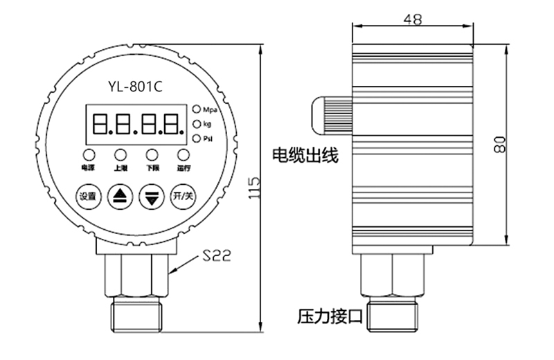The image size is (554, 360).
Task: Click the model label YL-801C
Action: coord(135,87)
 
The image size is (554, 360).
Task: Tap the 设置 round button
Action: coord(88,195)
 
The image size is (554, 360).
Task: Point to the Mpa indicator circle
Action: coord(197,109)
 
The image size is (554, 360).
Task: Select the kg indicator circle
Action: coord(197,124)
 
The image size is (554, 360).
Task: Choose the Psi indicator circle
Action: coord(197,139)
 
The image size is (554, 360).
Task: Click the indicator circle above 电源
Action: coord(89,154)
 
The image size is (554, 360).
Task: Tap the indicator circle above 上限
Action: coord(120,154)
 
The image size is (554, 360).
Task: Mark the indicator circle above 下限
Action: coord(152,154)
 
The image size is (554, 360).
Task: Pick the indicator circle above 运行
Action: coord(183,154)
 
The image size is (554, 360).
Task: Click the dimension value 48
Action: coord(413,19)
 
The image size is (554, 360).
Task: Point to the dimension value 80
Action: coord(500,144)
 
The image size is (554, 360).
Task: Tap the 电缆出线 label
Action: coord(305,155)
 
